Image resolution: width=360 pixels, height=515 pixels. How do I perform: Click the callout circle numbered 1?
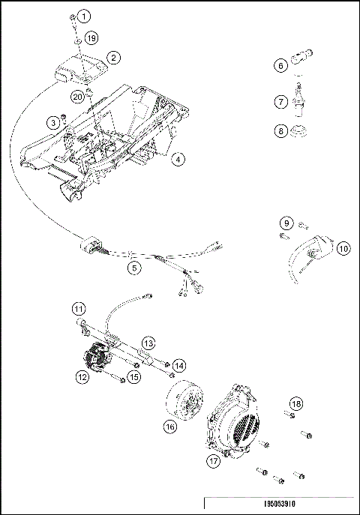click(84, 16)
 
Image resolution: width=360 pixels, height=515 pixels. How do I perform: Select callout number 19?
click(91, 37)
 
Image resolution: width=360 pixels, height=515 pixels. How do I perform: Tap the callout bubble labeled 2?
click(113, 57)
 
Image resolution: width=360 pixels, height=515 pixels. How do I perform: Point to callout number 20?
click(79, 97)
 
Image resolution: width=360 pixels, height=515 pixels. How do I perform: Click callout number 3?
click(53, 122)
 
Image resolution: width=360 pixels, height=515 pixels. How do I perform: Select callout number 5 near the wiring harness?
click(134, 265)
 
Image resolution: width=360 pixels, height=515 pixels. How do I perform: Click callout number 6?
click(280, 65)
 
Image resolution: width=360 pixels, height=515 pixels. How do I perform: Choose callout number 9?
click(286, 223)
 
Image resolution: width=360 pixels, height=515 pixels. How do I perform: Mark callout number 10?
click(343, 248)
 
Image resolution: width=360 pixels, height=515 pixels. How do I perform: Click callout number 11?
click(78, 307)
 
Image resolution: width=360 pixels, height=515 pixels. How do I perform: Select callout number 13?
click(148, 343)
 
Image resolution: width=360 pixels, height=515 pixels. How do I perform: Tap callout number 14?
click(178, 364)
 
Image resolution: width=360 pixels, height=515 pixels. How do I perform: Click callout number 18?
click(296, 404)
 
